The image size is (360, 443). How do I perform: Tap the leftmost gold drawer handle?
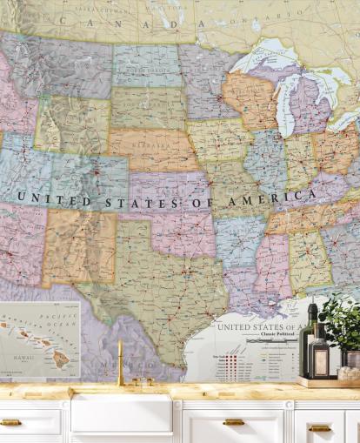pos(10,422)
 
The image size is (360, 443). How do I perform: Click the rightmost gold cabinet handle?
pos(320,427)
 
